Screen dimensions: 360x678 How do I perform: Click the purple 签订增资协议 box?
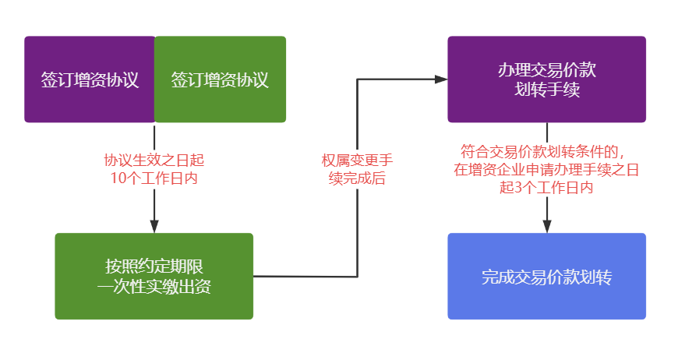90,79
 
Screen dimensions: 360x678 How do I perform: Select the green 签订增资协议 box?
221,79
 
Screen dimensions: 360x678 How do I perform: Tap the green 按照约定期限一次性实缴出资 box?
154,276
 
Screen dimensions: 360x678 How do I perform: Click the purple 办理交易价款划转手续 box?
546,79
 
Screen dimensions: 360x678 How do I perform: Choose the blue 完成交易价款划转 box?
546,276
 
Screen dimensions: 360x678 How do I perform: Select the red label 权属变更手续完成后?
358,169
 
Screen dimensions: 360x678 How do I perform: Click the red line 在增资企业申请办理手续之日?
546,169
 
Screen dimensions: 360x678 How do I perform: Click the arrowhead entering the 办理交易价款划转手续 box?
441,79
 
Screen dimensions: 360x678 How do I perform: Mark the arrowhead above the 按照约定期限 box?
154,226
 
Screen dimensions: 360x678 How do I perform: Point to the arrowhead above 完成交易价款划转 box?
547,226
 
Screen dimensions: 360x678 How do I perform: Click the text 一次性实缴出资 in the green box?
154,286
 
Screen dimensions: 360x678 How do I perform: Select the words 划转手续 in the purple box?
546,90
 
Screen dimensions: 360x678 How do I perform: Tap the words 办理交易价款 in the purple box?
546,70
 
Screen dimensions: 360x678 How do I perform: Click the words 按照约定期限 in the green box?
154,266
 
